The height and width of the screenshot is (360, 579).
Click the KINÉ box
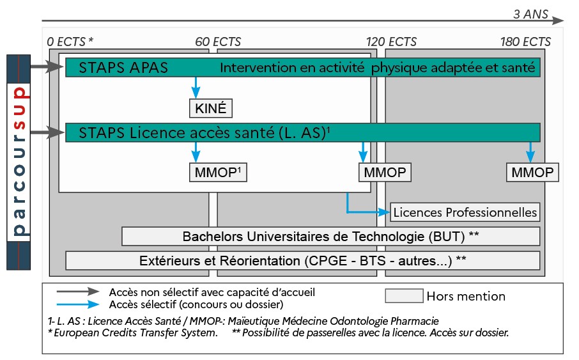point(210,109)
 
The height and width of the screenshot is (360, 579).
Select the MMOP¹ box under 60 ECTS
point(218,173)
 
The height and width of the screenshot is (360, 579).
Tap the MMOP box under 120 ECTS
point(384,173)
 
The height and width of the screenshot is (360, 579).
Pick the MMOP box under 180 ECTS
point(532,173)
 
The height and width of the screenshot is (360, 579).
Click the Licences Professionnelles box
point(465,212)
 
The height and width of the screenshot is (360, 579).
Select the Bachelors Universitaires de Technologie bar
point(330,236)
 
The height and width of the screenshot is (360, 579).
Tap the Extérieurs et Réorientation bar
point(302,260)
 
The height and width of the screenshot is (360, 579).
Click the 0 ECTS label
point(70,42)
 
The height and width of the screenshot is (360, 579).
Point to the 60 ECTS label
point(218,42)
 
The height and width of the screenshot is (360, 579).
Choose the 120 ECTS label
point(391,42)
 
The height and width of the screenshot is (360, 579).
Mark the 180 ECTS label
point(525,42)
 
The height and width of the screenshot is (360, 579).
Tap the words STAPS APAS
point(123,68)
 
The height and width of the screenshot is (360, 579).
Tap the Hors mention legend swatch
point(404,296)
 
